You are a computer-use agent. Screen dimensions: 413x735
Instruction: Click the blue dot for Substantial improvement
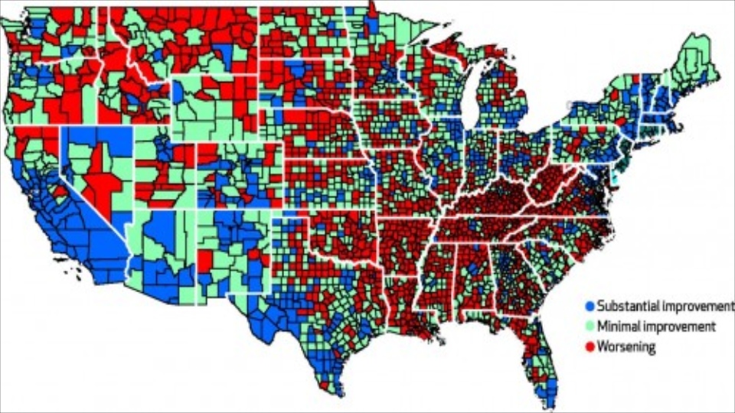pyautogui.click(x=588, y=306)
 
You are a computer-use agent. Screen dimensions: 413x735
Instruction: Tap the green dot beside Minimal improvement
pyautogui.click(x=588, y=327)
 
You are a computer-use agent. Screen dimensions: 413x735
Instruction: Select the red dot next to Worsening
pyautogui.click(x=588, y=347)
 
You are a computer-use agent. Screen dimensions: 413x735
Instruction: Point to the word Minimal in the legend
pyautogui.click(x=617, y=327)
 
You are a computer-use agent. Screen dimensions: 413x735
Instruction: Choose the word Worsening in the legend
pyautogui.click(x=626, y=347)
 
